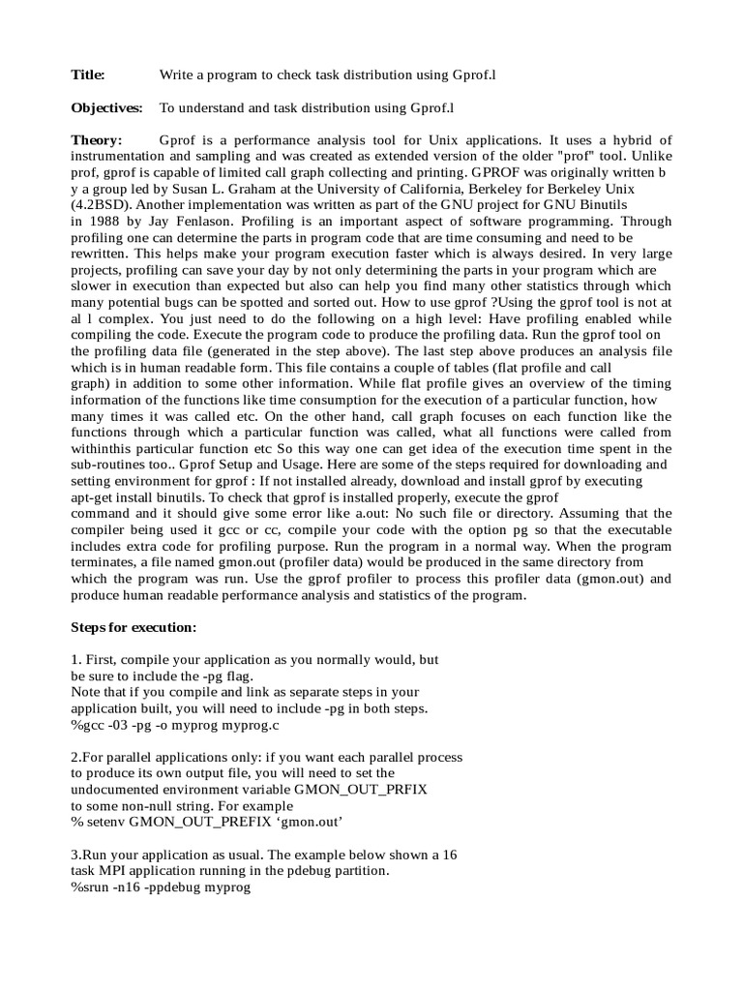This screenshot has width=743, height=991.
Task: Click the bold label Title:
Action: (x=88, y=75)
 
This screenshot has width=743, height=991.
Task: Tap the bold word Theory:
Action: (x=97, y=140)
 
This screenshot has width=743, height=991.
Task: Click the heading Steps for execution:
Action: (x=134, y=626)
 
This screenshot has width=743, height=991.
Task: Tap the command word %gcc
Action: (x=88, y=725)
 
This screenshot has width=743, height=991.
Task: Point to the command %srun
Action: (x=90, y=887)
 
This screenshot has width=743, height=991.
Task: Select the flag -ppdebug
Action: (x=170, y=887)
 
